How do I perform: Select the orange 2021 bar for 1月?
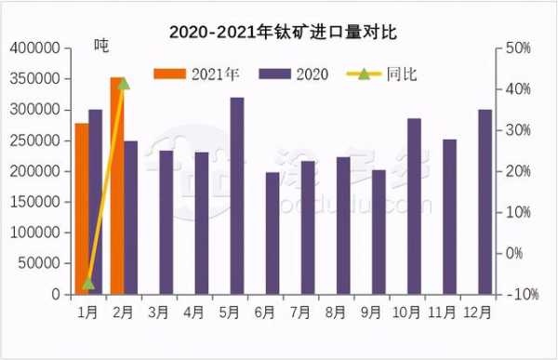point(82,209)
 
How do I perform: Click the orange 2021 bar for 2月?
point(117,186)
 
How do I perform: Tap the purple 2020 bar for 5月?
point(237,195)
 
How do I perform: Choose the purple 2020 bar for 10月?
point(414,206)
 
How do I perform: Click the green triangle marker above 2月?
point(124,84)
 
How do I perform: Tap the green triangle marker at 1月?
point(88,283)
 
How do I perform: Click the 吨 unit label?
point(101,47)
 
